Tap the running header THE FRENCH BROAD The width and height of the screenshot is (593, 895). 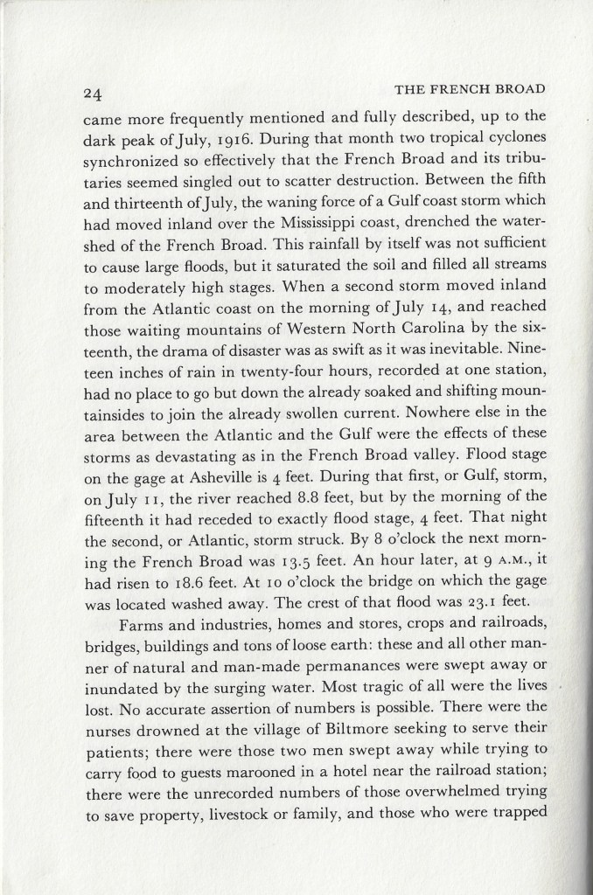coord(471,88)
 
